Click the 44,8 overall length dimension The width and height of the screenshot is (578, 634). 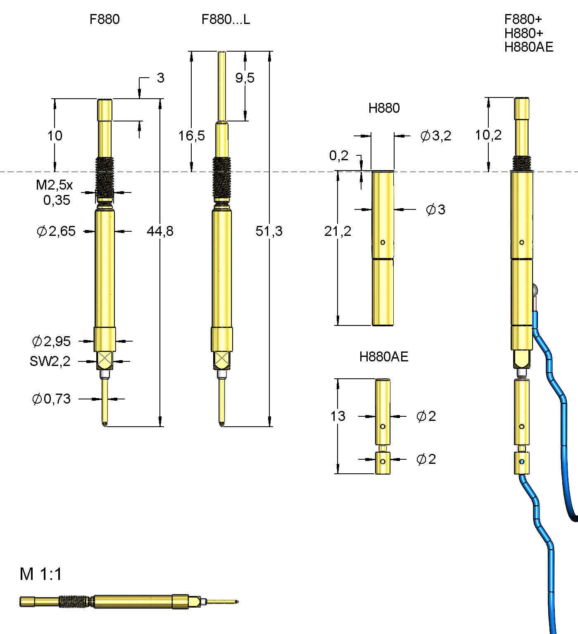pos(160,231)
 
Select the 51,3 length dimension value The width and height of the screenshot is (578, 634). pos(269,231)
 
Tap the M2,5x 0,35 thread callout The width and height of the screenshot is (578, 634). pos(55,192)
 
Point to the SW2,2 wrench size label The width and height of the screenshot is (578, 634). pos(50,361)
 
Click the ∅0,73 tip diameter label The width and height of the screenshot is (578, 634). pos(51,399)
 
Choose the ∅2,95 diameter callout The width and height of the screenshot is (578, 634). pos(51,341)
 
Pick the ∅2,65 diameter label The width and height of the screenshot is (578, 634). pos(56,231)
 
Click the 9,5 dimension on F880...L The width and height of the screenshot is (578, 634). pos(245,78)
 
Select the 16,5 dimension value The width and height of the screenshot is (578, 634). pos(191,135)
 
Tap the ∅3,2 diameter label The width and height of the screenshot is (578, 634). pos(435,135)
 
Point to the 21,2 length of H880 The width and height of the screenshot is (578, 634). pos(338,231)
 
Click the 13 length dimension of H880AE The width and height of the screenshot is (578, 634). pos(338,416)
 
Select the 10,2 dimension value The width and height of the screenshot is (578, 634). pos(488,135)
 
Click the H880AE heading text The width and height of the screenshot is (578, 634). pos(383,356)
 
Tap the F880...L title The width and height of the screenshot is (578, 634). pos(226,19)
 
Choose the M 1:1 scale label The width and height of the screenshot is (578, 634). pos(40,574)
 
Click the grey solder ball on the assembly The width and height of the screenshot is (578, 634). pos(535,290)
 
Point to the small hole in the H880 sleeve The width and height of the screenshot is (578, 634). pos(383,242)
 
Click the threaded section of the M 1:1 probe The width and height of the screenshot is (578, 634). pos(74,602)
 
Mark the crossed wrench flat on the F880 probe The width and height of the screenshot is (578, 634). pos(105,360)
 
